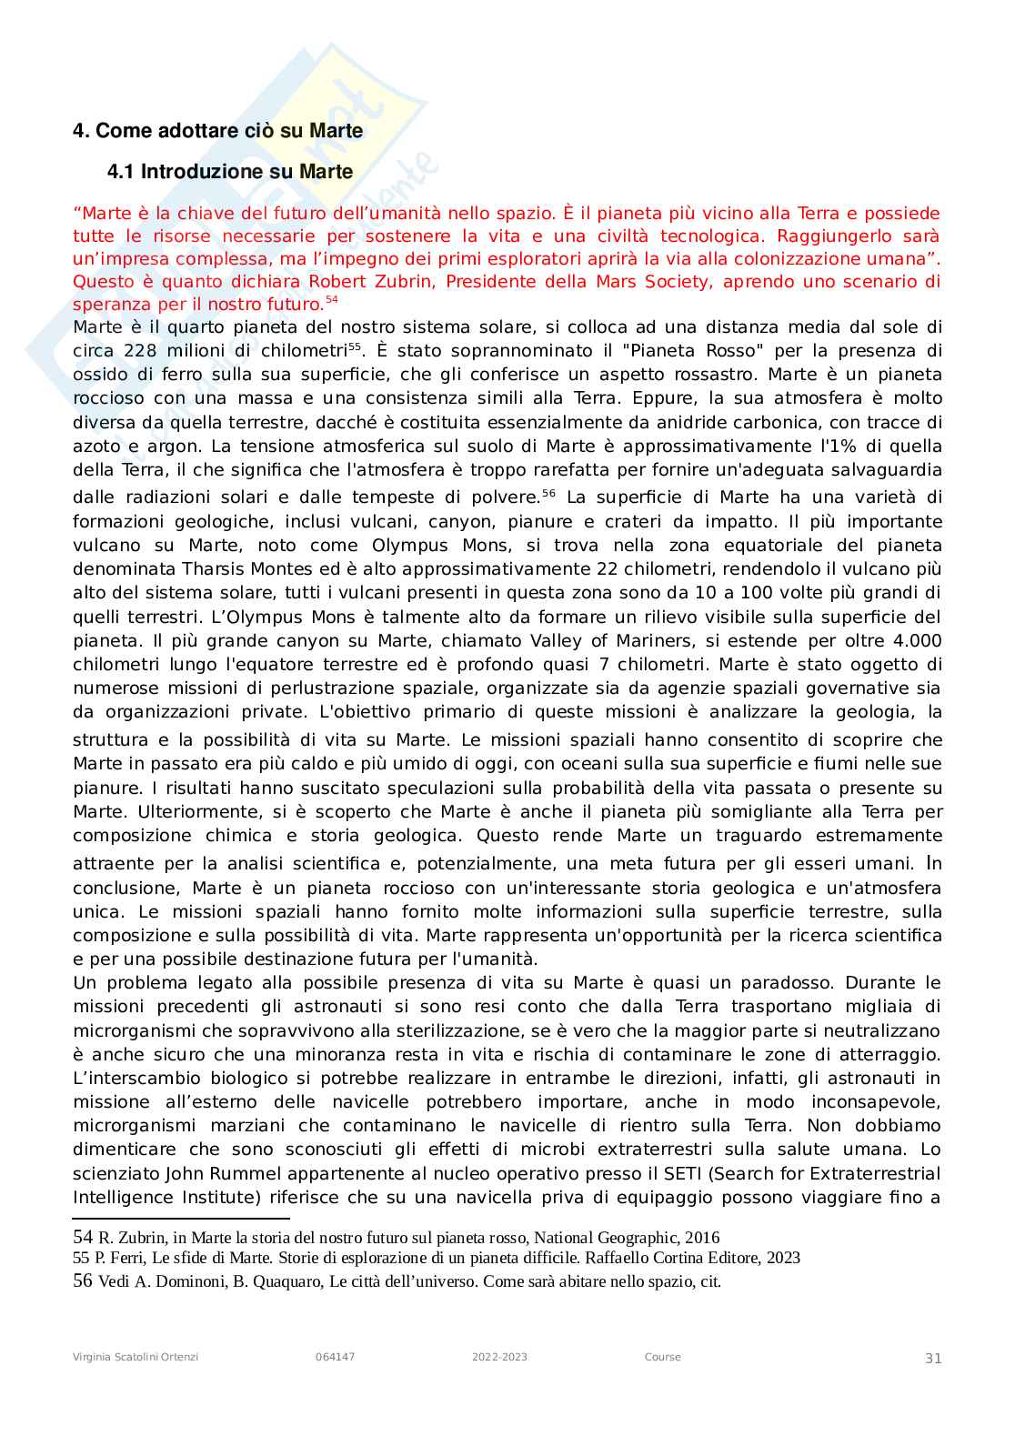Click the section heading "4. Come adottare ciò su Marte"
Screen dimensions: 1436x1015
tap(217, 131)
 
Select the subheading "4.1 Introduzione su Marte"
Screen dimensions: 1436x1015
tap(230, 172)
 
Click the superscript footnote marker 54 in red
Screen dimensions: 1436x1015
tap(331, 300)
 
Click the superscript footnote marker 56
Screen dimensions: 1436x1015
tap(548, 494)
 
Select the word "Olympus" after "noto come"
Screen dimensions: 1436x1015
tap(410, 546)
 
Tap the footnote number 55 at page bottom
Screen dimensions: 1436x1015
tap(81, 1258)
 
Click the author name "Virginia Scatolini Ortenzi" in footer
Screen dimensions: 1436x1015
tap(136, 1357)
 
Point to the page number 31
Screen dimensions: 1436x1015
tap(933, 1358)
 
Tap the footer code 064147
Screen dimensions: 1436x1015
tap(335, 1357)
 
